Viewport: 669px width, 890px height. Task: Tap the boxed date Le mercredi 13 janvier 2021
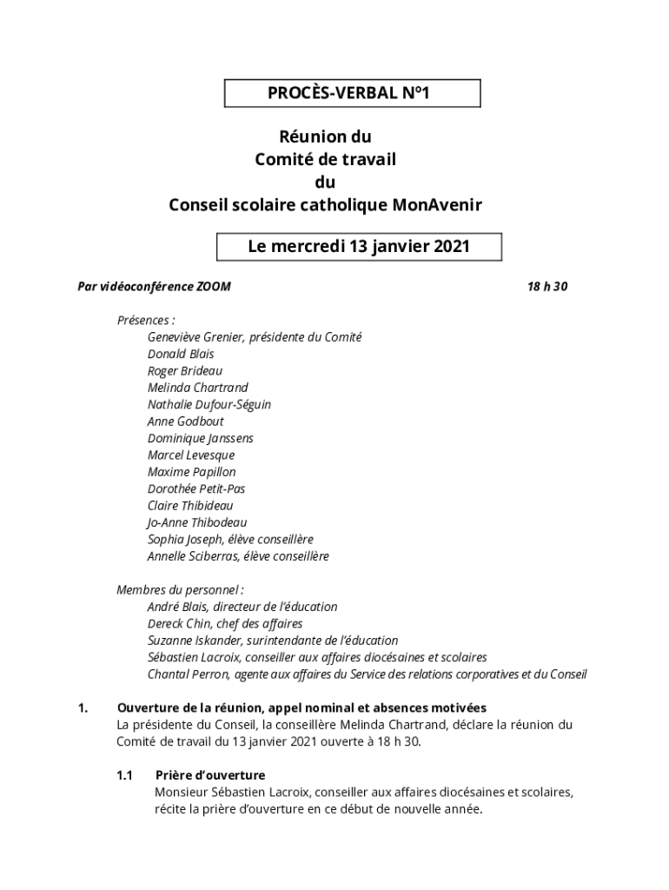pyautogui.click(x=359, y=247)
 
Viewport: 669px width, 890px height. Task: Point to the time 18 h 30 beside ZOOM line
pyautogui.click(x=547, y=286)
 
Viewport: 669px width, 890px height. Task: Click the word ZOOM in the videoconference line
pyautogui.click(x=213, y=286)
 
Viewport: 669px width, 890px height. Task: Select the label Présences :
pyautogui.click(x=146, y=320)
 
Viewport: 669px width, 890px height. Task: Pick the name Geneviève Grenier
pyautogui.click(x=195, y=337)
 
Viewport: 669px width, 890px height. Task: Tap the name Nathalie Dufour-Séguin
pyautogui.click(x=209, y=405)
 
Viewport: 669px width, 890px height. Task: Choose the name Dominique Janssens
pyautogui.click(x=201, y=439)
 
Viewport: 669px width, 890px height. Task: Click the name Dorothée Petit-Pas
pyautogui.click(x=196, y=489)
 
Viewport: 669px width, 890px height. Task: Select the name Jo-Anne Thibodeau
pyautogui.click(x=197, y=522)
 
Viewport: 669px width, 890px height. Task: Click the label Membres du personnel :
pyautogui.click(x=175, y=590)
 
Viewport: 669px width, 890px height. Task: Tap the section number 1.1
pyautogui.click(x=124, y=775)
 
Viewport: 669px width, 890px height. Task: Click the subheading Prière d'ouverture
pyautogui.click(x=210, y=775)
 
